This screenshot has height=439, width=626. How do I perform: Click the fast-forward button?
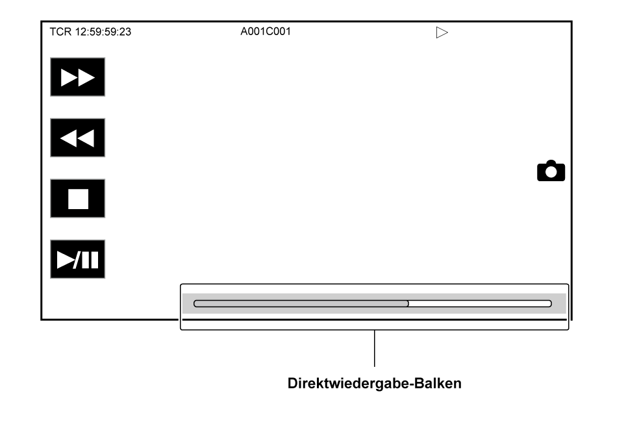pyautogui.click(x=77, y=77)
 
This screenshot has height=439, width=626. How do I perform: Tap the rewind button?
pyautogui.click(x=77, y=138)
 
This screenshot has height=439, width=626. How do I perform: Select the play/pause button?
pyautogui.click(x=77, y=259)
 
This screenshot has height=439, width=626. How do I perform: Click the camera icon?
pyautogui.click(x=551, y=171)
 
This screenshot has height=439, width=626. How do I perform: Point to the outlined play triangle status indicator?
pyautogui.click(x=442, y=32)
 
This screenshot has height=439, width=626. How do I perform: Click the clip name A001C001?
pyautogui.click(x=266, y=31)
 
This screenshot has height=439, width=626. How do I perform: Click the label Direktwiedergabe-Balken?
pyautogui.click(x=375, y=383)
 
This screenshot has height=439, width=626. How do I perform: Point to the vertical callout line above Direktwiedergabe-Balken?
pyautogui.click(x=375, y=349)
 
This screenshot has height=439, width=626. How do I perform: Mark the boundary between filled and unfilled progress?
pyautogui.click(x=408, y=303)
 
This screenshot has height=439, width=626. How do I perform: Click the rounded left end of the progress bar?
pyautogui.click(x=196, y=303)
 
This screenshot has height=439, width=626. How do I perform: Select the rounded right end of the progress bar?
pyautogui.click(x=549, y=303)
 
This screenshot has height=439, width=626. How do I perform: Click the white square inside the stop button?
pyautogui.click(x=78, y=199)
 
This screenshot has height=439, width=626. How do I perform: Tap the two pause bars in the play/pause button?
pyautogui.click(x=90, y=260)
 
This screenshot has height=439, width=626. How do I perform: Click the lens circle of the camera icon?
pyautogui.click(x=551, y=173)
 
